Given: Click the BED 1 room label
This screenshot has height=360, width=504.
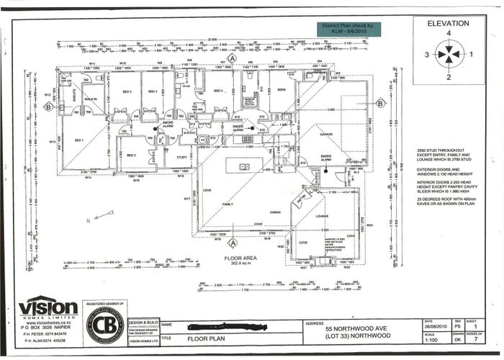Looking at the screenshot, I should pos(79,140).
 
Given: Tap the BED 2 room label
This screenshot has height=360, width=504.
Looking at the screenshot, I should pos(131,156).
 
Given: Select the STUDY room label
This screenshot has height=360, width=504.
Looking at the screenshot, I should pos(181,157).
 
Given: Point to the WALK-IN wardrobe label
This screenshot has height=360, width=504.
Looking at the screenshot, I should pos(91,99).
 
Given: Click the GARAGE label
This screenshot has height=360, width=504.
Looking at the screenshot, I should pos(326,134).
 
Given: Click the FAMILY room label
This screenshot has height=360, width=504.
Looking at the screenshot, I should pos(228,204).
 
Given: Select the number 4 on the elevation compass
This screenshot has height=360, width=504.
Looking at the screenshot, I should pos(448,34).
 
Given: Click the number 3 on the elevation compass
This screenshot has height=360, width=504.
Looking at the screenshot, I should pos(426,54).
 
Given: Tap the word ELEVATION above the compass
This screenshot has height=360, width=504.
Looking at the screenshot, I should pos(448,22).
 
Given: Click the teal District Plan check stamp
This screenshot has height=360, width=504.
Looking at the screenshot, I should pos(351,28).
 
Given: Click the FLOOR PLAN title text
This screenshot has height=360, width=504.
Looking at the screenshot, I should pos(207,338).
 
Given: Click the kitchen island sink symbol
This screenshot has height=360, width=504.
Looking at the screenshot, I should pos(244,167).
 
